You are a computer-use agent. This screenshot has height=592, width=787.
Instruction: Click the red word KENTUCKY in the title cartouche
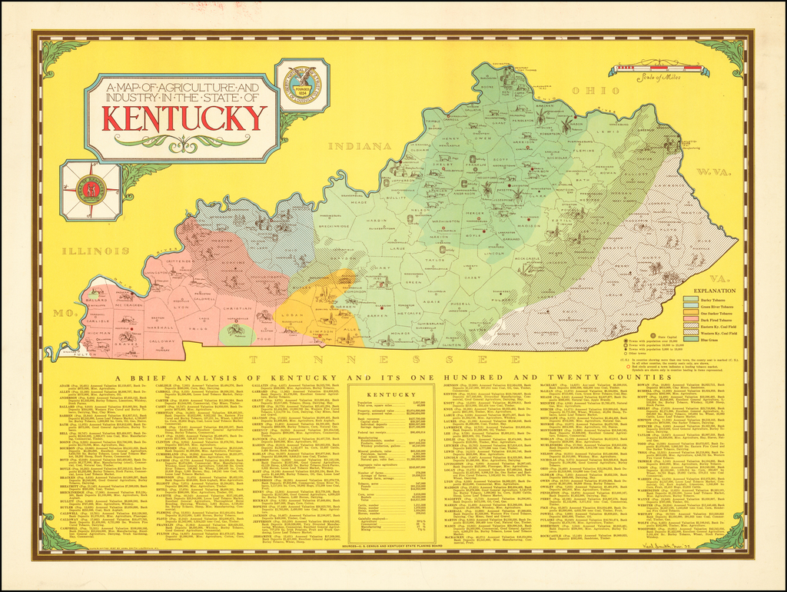(184, 118)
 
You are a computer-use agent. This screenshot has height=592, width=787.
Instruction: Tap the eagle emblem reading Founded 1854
(302, 85)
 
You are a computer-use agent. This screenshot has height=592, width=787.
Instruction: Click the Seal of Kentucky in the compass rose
(91, 189)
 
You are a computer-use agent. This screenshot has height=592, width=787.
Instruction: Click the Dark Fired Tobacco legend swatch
(689, 318)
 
